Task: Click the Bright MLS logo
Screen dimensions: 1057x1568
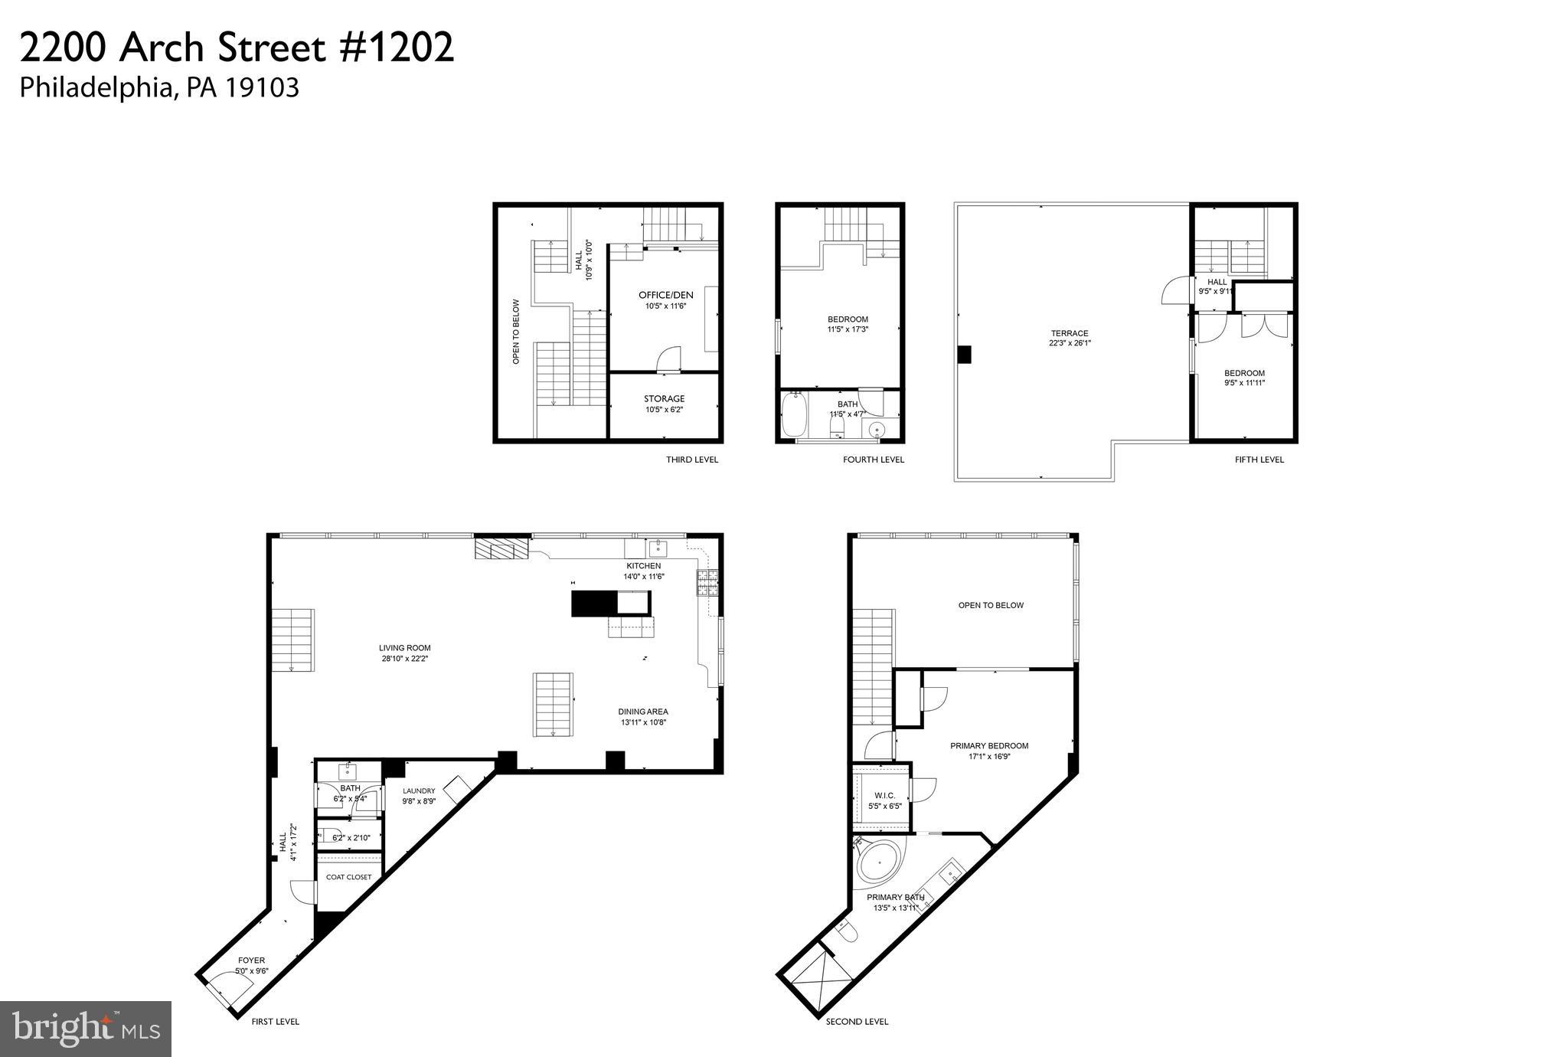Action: (x=86, y=1028)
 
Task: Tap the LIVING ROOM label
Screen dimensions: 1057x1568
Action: (x=404, y=648)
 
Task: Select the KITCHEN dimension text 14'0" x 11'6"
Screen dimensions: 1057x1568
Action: (x=643, y=577)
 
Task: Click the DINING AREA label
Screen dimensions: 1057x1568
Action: (x=643, y=712)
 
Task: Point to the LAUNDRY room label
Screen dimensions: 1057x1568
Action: (x=419, y=791)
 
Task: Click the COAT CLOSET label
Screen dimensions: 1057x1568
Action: (x=348, y=877)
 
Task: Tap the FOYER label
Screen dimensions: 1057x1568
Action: (x=251, y=960)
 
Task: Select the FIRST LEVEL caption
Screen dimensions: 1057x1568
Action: (x=276, y=1021)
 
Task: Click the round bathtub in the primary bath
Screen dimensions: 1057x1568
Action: (x=879, y=864)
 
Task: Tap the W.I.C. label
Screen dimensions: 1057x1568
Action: (x=884, y=796)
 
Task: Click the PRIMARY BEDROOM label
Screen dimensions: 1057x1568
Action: (x=989, y=746)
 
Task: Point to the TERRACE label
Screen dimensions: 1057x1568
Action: (x=1070, y=333)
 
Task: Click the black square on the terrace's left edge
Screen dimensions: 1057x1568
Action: (x=965, y=355)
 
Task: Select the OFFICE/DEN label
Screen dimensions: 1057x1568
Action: (x=666, y=295)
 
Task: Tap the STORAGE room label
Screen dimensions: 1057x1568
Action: (x=664, y=399)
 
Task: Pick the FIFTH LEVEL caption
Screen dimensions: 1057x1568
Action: (x=1259, y=460)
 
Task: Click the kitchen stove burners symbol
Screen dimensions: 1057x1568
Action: (x=707, y=583)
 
